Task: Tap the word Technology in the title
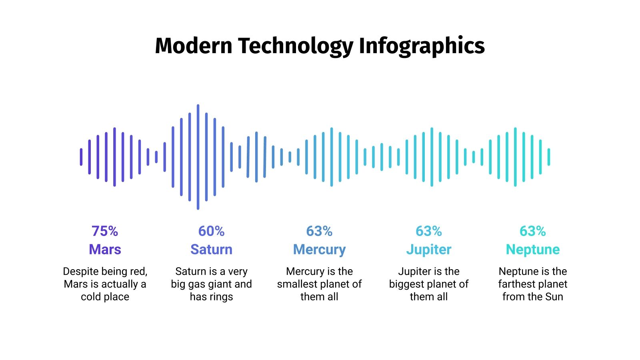click(296, 46)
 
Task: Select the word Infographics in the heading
click(422, 46)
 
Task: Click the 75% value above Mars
click(105, 231)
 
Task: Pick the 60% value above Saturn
click(211, 231)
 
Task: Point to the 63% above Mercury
click(319, 231)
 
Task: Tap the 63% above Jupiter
click(428, 231)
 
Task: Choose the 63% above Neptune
click(532, 231)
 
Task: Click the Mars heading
click(105, 249)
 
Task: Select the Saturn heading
click(211, 249)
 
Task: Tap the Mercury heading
click(319, 249)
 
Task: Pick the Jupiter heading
click(428, 249)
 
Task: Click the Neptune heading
click(532, 249)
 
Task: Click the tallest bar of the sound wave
click(198, 157)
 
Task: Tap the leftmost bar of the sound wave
click(81, 157)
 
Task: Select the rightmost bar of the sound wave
click(549, 157)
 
